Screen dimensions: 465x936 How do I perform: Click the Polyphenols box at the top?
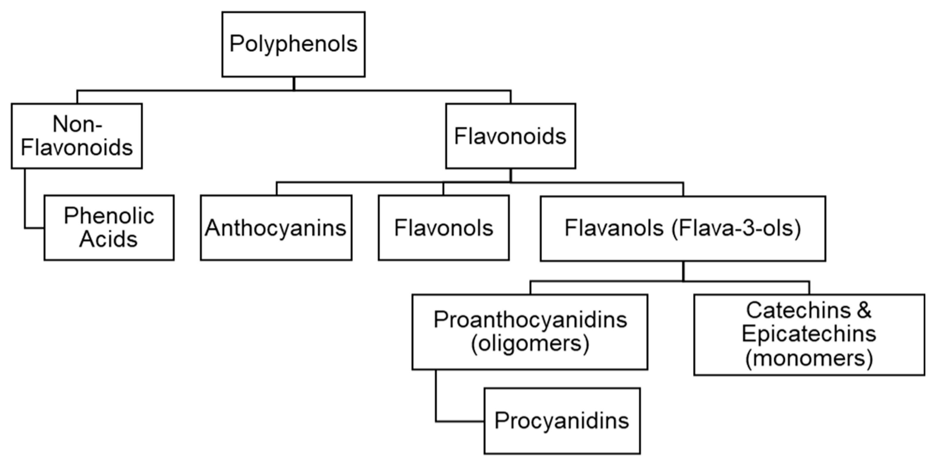click(x=293, y=44)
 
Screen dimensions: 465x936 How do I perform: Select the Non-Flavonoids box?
click(x=77, y=136)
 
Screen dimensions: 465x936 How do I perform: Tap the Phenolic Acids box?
click(x=109, y=227)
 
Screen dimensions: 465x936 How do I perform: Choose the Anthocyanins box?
click(x=276, y=227)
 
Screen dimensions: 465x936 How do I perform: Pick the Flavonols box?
click(x=444, y=227)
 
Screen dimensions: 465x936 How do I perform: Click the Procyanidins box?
click(x=562, y=421)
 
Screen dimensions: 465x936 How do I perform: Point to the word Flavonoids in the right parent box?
click(x=510, y=136)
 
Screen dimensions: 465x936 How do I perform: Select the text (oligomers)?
click(x=530, y=343)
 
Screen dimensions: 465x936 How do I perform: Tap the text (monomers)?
click(x=809, y=359)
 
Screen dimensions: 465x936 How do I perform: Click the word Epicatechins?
click(x=809, y=334)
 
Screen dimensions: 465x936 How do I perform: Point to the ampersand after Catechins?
click(x=864, y=310)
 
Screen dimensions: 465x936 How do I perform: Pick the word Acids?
click(x=108, y=239)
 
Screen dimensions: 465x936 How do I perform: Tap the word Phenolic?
click(x=109, y=216)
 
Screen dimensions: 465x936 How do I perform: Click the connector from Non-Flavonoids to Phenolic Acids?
click(x=25, y=203)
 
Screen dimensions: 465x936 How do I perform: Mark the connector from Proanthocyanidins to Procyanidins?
click(x=436, y=399)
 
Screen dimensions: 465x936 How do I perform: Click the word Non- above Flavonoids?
click(x=77, y=124)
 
